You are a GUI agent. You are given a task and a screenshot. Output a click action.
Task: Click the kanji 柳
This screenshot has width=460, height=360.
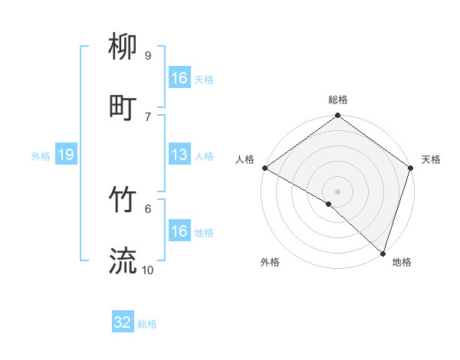pyautogui.click(x=123, y=48)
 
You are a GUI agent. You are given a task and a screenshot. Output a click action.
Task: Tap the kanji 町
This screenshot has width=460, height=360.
pyautogui.click(x=123, y=108)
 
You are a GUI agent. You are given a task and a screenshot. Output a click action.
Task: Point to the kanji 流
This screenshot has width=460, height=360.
pyautogui.click(x=123, y=260)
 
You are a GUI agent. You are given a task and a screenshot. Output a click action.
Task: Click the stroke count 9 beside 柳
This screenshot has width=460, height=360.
pyautogui.click(x=147, y=55)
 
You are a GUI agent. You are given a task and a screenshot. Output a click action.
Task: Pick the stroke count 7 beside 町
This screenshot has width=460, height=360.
pyautogui.click(x=147, y=116)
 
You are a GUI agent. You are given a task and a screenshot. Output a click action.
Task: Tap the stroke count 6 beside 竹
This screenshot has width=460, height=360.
pyautogui.click(x=147, y=208)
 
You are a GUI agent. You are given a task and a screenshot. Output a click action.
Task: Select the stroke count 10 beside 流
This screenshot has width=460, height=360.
pyautogui.click(x=148, y=270)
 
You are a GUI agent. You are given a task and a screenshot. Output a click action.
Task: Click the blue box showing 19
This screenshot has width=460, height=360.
pyautogui.click(x=66, y=155)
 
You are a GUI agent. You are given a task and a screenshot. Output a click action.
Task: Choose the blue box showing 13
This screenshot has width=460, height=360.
pyautogui.click(x=179, y=155)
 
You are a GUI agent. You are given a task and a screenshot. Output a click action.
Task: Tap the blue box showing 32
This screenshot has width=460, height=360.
pyautogui.click(x=123, y=322)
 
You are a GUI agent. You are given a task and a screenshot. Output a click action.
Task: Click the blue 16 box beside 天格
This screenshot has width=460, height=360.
pyautogui.click(x=179, y=78)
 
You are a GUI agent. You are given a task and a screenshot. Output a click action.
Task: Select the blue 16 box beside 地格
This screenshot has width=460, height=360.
pyautogui.click(x=179, y=231)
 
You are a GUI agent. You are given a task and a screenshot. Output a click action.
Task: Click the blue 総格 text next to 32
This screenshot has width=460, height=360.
pyautogui.click(x=147, y=324)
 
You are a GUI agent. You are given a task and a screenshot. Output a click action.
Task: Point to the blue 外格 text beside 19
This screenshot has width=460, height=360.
pyautogui.click(x=41, y=156)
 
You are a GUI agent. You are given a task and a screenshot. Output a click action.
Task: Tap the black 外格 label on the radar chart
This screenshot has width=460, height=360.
pyautogui.click(x=270, y=262)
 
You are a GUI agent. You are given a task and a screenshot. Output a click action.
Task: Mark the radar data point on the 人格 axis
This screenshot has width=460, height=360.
pyautogui.click(x=264, y=168)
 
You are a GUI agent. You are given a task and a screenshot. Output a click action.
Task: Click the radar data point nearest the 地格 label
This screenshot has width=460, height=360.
pyautogui.click(x=383, y=254)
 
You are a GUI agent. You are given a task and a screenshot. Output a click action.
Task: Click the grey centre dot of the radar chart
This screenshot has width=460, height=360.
pyautogui.click(x=337, y=191)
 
